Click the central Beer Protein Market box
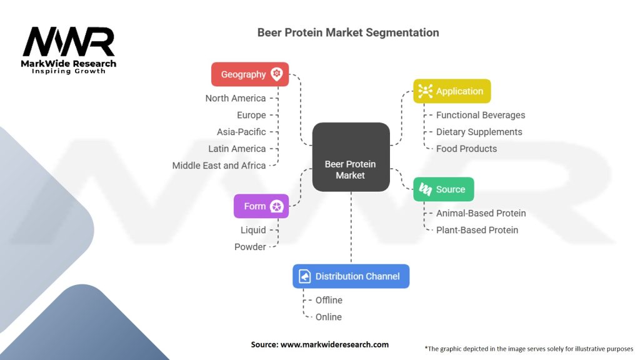click(351, 157)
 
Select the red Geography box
click(250, 74)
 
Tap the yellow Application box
click(452, 91)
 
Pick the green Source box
click(443, 189)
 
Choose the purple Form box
click(261, 206)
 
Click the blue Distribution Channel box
click(351, 276)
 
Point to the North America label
click(235, 98)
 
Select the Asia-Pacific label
click(241, 132)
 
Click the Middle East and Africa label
click(219, 166)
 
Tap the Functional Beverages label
click(480, 115)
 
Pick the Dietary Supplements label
click(479, 132)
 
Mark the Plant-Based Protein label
click(477, 230)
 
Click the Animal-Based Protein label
click(481, 213)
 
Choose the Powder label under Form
click(250, 247)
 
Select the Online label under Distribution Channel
click(328, 317)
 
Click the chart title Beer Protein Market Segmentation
click(348, 32)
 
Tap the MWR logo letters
click(69, 42)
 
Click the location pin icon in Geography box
click(277, 74)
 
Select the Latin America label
click(237, 149)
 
